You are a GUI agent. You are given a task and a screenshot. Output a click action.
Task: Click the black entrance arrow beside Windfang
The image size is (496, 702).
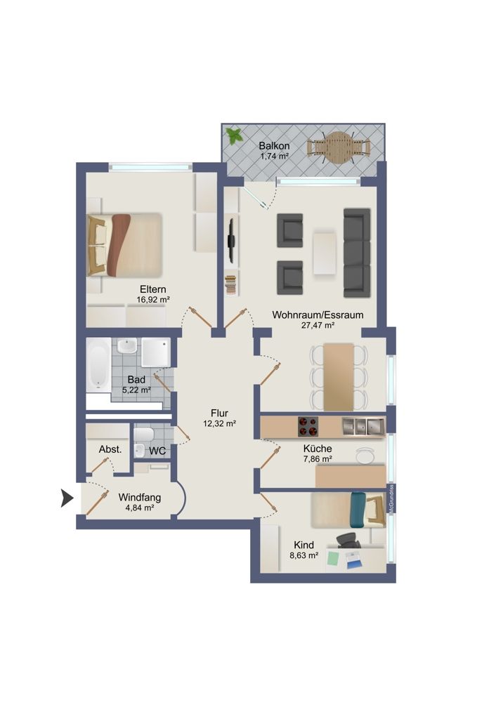click(x=67, y=498)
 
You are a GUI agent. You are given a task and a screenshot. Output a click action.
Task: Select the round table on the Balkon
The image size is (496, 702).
click(x=338, y=148)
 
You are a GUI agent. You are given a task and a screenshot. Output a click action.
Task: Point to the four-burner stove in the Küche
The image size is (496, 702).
click(x=308, y=426)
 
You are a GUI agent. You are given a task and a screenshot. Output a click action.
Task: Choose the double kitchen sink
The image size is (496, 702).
click(x=363, y=425)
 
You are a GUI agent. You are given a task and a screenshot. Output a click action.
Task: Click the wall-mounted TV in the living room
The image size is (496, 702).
click(x=230, y=241)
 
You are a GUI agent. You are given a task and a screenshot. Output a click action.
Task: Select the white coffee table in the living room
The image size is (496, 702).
click(x=325, y=253)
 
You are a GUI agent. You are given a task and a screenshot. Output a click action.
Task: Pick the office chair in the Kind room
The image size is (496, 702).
click(x=348, y=540)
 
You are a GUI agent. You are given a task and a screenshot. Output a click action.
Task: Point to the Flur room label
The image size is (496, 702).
click(x=220, y=413)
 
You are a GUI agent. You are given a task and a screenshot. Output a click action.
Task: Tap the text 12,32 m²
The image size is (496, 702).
click(x=220, y=423)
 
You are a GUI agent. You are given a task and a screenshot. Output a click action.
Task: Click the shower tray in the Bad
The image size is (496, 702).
click(x=156, y=352)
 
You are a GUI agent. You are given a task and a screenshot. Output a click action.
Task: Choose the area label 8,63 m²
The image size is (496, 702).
click(x=304, y=555)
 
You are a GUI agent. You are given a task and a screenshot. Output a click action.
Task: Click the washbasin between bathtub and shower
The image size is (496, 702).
click(x=127, y=347)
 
